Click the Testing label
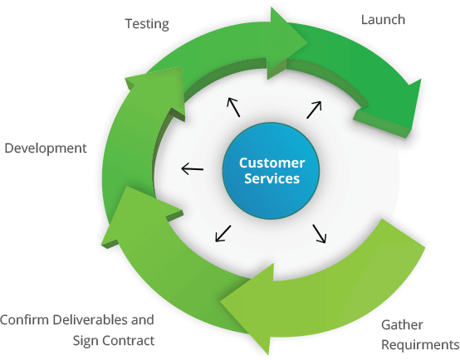[x=147, y=24]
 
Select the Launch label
[x=383, y=20]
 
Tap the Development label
[x=46, y=148]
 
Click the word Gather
[x=402, y=325]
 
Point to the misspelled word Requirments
[x=420, y=345]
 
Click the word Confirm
[x=24, y=319]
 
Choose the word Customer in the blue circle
[x=272, y=163]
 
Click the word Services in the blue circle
[x=272, y=178]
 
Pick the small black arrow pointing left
[x=192, y=169]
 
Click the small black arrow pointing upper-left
[x=233, y=107]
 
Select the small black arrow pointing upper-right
[x=314, y=110]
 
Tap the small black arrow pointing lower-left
[x=223, y=234]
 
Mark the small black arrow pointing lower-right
[x=320, y=234]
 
